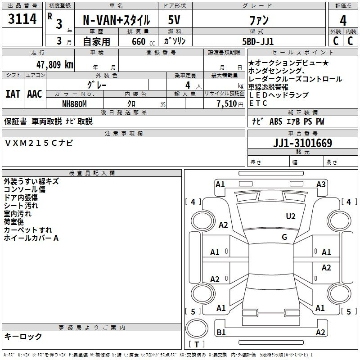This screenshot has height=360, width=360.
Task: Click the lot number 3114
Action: (22, 19)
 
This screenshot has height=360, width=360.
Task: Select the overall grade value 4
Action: (343, 21)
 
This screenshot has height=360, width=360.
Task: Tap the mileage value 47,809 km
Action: (54, 65)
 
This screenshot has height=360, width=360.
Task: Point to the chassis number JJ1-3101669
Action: (302, 143)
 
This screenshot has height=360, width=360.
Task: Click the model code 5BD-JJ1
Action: (258, 41)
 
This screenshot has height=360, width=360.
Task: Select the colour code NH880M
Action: (74, 104)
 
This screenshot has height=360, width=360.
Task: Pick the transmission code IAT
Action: (13, 94)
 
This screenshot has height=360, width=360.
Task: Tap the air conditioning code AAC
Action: (35, 94)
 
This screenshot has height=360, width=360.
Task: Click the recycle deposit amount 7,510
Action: (227, 104)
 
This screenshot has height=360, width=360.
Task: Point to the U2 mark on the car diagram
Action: (291, 216)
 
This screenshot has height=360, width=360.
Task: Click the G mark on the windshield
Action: (284, 237)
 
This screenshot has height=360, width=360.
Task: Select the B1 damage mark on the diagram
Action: (221, 332)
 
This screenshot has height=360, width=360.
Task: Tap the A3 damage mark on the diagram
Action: (321, 184)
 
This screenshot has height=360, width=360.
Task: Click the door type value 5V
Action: (174, 20)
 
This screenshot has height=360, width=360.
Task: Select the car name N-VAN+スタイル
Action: (116, 20)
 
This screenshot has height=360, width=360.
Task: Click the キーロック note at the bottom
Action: (23, 337)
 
